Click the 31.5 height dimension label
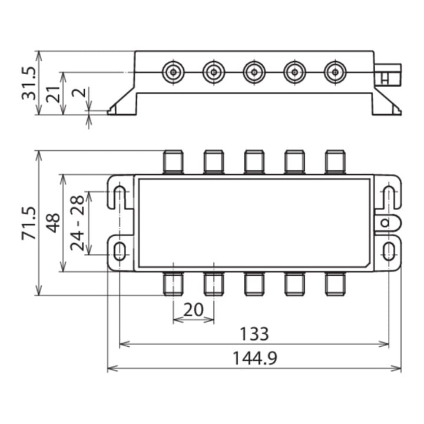pos(29,83)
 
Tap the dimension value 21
pos(53,94)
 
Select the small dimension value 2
pos(79,92)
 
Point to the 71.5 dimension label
pos(29,223)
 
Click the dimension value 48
pos(53,223)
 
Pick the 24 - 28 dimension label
pos(77,223)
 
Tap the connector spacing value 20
pos(193,310)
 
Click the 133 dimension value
pos(254,334)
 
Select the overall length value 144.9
pos(255,358)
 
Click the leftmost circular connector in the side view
pos(173,72)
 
